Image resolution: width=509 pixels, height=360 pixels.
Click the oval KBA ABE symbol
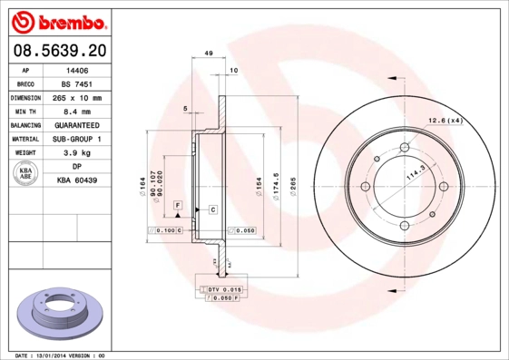(x=25, y=174)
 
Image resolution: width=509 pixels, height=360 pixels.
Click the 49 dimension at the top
(x=209, y=54)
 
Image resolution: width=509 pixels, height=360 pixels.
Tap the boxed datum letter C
(x=212, y=209)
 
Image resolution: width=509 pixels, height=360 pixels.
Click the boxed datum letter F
(x=179, y=207)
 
